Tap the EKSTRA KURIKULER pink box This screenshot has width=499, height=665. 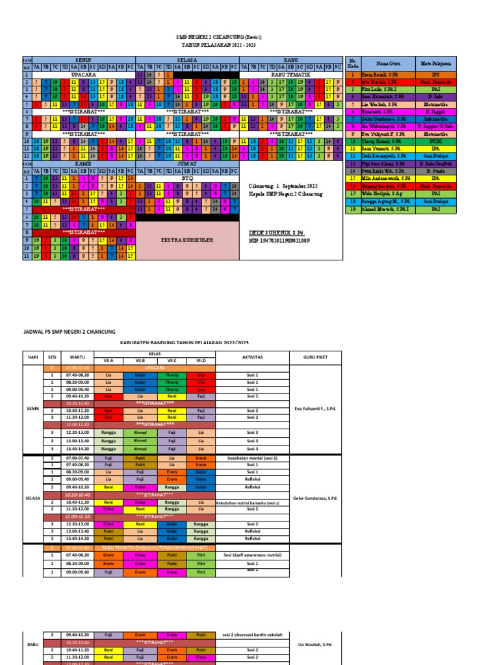click(x=187, y=240)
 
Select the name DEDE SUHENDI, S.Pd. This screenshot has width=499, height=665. click(x=277, y=232)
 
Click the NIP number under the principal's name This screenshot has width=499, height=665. click(x=279, y=240)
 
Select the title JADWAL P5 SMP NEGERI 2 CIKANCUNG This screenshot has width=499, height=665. click(x=65, y=331)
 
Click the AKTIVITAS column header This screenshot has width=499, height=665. click(x=252, y=357)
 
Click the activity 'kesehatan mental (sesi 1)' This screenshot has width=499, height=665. click(x=252, y=458)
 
